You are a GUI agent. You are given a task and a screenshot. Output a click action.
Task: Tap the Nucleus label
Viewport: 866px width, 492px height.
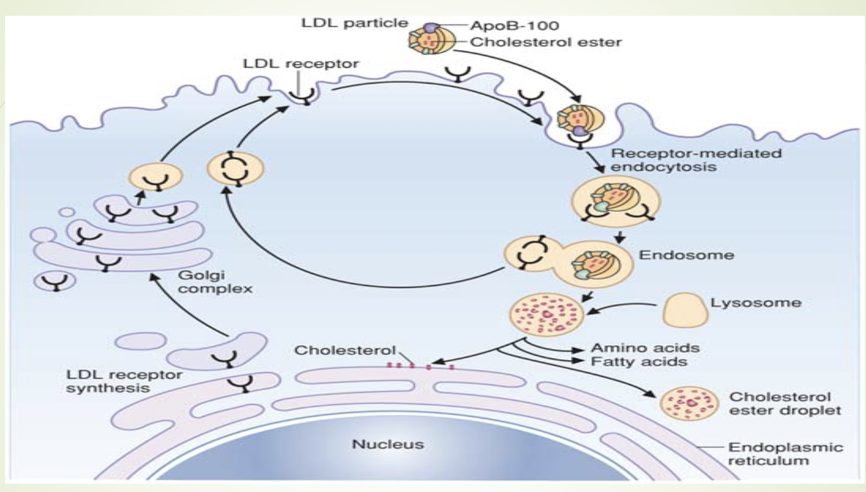387,444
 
